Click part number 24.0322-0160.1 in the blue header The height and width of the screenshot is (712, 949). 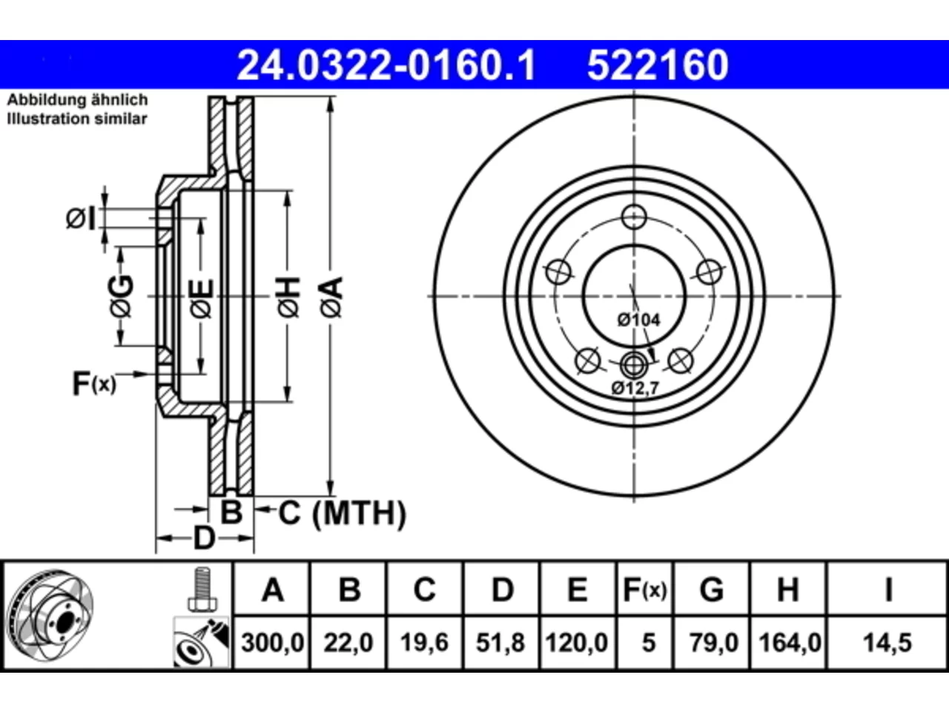click(x=386, y=65)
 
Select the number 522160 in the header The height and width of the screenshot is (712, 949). click(x=658, y=65)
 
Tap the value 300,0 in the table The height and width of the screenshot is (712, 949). click(x=272, y=643)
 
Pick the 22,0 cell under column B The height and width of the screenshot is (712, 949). click(x=348, y=643)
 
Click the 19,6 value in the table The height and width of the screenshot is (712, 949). click(x=424, y=643)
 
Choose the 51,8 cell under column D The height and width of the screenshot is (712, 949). click(x=500, y=643)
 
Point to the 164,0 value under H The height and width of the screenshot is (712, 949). click(x=790, y=643)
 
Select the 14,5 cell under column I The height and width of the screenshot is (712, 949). click(x=887, y=643)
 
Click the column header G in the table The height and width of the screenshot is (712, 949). click(x=712, y=590)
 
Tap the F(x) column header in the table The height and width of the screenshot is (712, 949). click(x=645, y=590)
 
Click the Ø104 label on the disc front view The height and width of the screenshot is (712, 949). click(x=638, y=320)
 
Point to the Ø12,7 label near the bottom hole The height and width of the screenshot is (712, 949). click(x=635, y=388)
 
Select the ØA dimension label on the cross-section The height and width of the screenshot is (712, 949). click(x=331, y=297)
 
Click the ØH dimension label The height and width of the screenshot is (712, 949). click(x=289, y=297)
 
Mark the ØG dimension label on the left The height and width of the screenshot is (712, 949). click(x=121, y=297)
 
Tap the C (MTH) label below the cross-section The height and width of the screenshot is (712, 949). click(x=342, y=513)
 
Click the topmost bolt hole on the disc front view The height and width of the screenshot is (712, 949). click(x=634, y=217)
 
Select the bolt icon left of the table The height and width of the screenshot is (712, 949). click(x=202, y=589)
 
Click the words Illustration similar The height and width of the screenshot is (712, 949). click(x=77, y=119)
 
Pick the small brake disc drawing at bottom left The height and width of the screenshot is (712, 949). click(x=50, y=615)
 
